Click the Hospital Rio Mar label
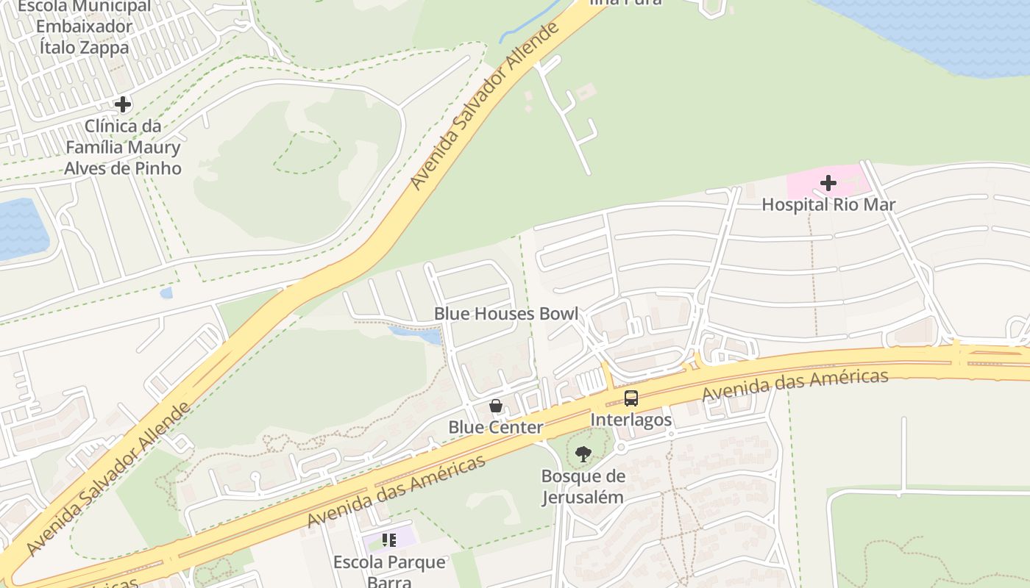828,204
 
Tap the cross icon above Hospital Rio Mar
828,182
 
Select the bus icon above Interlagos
631,398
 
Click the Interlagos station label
631,420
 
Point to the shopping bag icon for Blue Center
496,406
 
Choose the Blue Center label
496,427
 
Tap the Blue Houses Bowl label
505,314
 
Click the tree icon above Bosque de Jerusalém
583,454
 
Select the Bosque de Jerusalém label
583,487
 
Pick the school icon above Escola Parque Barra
389,541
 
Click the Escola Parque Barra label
389,571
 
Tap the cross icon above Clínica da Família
123,104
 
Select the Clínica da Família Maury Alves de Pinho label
123,147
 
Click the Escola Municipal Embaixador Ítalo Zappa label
83,27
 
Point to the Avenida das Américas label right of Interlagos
795,386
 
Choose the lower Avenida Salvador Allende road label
108,478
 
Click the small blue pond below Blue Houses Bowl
416,335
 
